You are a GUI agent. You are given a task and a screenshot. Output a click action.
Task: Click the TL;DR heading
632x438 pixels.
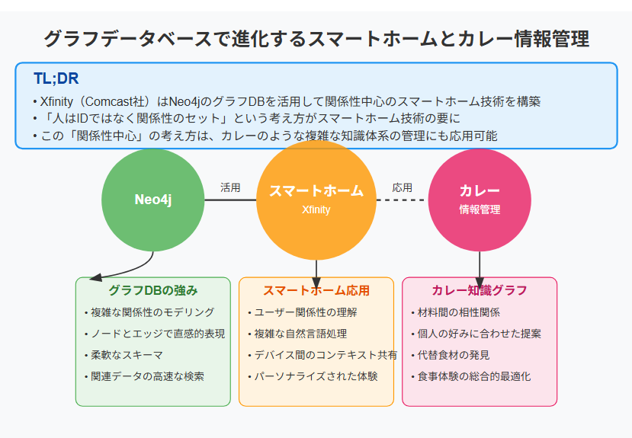[56, 78]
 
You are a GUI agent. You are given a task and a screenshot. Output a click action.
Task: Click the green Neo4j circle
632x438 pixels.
[153, 200]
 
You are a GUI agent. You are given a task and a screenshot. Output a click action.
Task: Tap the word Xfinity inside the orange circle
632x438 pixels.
[316, 209]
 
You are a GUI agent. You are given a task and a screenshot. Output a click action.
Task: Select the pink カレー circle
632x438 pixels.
[480, 200]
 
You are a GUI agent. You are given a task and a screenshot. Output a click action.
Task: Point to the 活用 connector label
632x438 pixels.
[230, 187]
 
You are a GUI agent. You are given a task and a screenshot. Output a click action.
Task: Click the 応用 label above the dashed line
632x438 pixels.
[403, 187]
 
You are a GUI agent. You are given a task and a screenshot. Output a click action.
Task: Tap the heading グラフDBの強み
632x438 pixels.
[153, 290]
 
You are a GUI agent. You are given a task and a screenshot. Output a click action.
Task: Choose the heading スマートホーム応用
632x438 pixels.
[316, 290]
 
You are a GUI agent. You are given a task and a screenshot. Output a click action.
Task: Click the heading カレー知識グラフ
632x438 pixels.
[480, 290]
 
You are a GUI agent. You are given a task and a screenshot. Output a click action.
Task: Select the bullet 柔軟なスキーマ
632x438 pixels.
[124, 355]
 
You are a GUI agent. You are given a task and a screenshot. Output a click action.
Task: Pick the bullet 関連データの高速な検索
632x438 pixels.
[144, 376]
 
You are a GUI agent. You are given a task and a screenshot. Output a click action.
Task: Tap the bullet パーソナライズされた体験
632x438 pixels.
[313, 376]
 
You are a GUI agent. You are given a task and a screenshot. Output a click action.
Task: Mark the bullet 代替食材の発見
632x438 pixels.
[451, 355]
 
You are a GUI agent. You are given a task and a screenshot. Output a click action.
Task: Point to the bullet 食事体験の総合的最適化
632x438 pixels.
[471, 376]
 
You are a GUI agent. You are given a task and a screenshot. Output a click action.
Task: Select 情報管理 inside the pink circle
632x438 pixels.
[480, 209]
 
